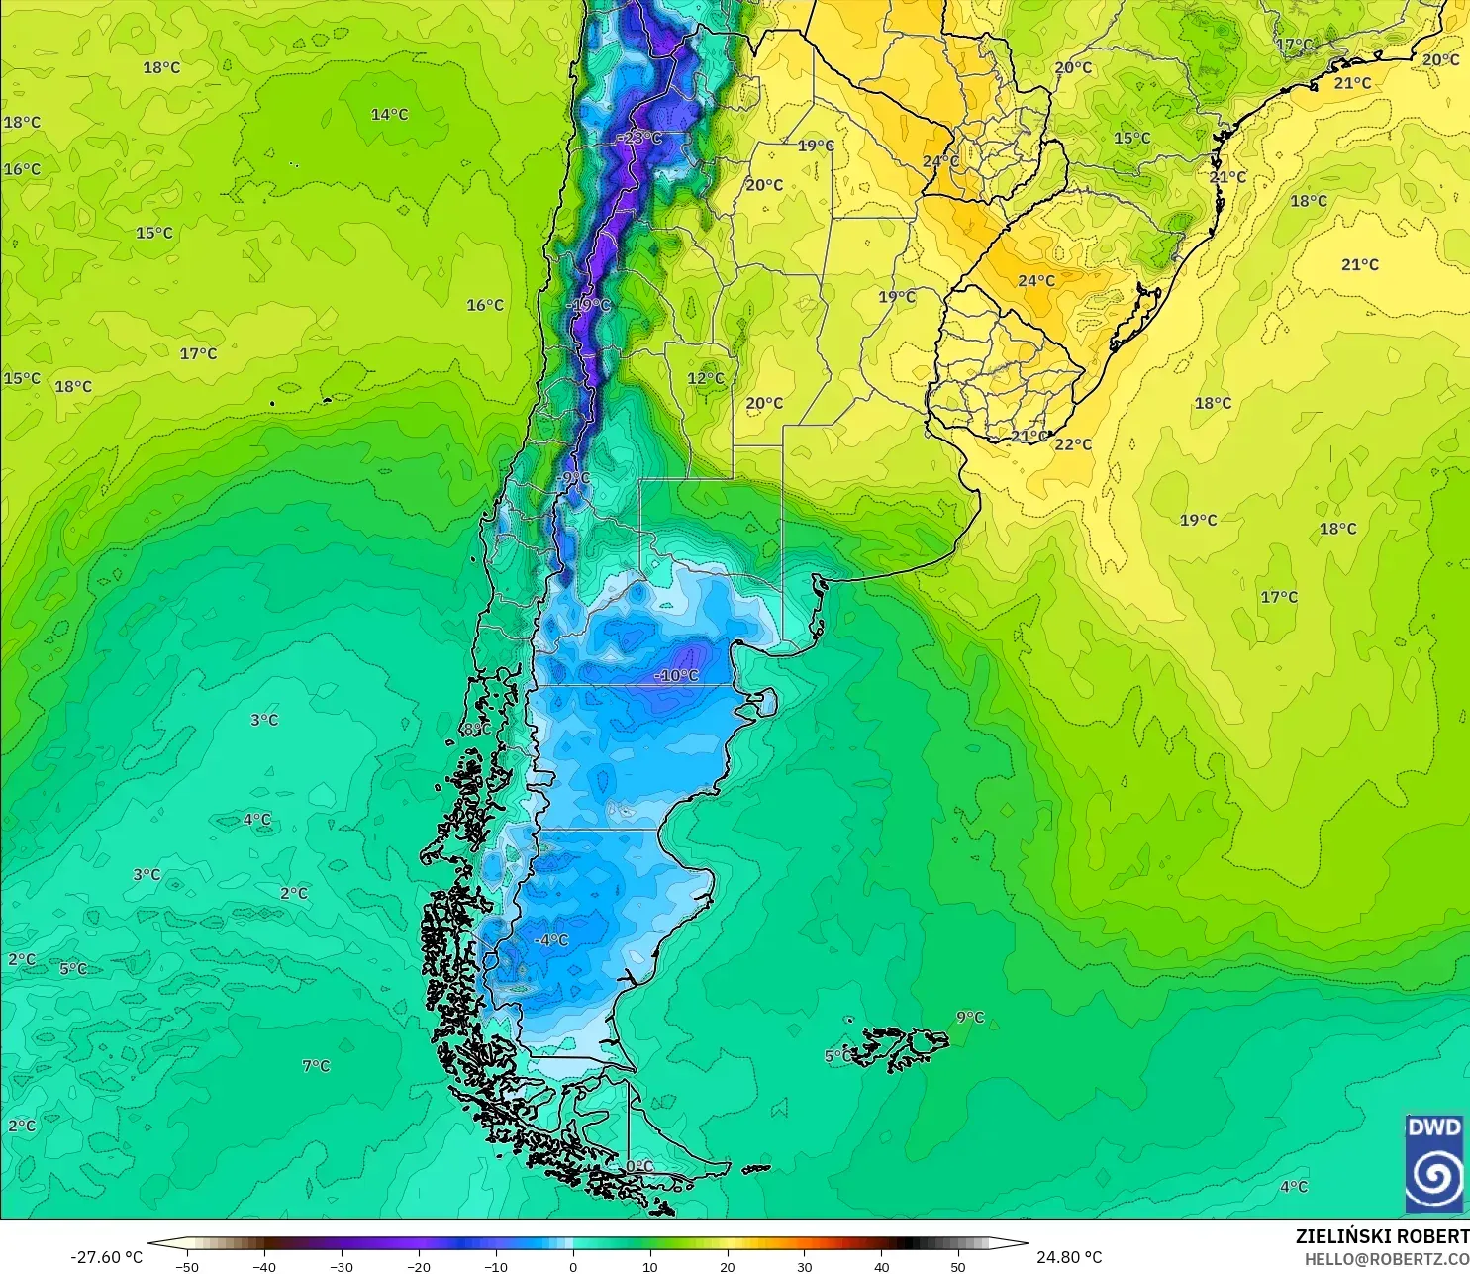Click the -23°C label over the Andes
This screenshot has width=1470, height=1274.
[638, 138]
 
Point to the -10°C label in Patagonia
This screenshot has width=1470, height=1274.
[677, 676]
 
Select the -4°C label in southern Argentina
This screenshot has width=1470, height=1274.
[551, 940]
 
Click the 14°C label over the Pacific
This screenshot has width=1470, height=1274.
[389, 115]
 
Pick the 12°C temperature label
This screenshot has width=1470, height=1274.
[706, 378]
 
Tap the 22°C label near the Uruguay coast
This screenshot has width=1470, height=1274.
[1073, 444]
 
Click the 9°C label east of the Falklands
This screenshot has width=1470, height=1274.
[970, 1018]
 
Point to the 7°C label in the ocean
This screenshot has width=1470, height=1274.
[316, 1066]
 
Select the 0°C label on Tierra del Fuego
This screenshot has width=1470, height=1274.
[639, 1167]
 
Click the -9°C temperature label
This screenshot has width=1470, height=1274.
[573, 479]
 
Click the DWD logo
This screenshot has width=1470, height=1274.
[1434, 1163]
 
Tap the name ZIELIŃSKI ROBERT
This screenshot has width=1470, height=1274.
[1382, 1237]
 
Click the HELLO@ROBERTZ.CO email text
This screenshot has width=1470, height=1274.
[1386, 1259]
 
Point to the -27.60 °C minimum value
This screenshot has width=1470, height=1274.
[106, 1258]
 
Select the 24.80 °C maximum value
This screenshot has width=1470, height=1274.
[1069, 1258]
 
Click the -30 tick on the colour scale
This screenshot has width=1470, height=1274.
[341, 1267]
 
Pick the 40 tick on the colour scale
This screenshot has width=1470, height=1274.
[881, 1267]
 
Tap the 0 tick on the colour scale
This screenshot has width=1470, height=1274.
[573, 1267]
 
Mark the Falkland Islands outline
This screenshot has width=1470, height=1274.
[896, 1047]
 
